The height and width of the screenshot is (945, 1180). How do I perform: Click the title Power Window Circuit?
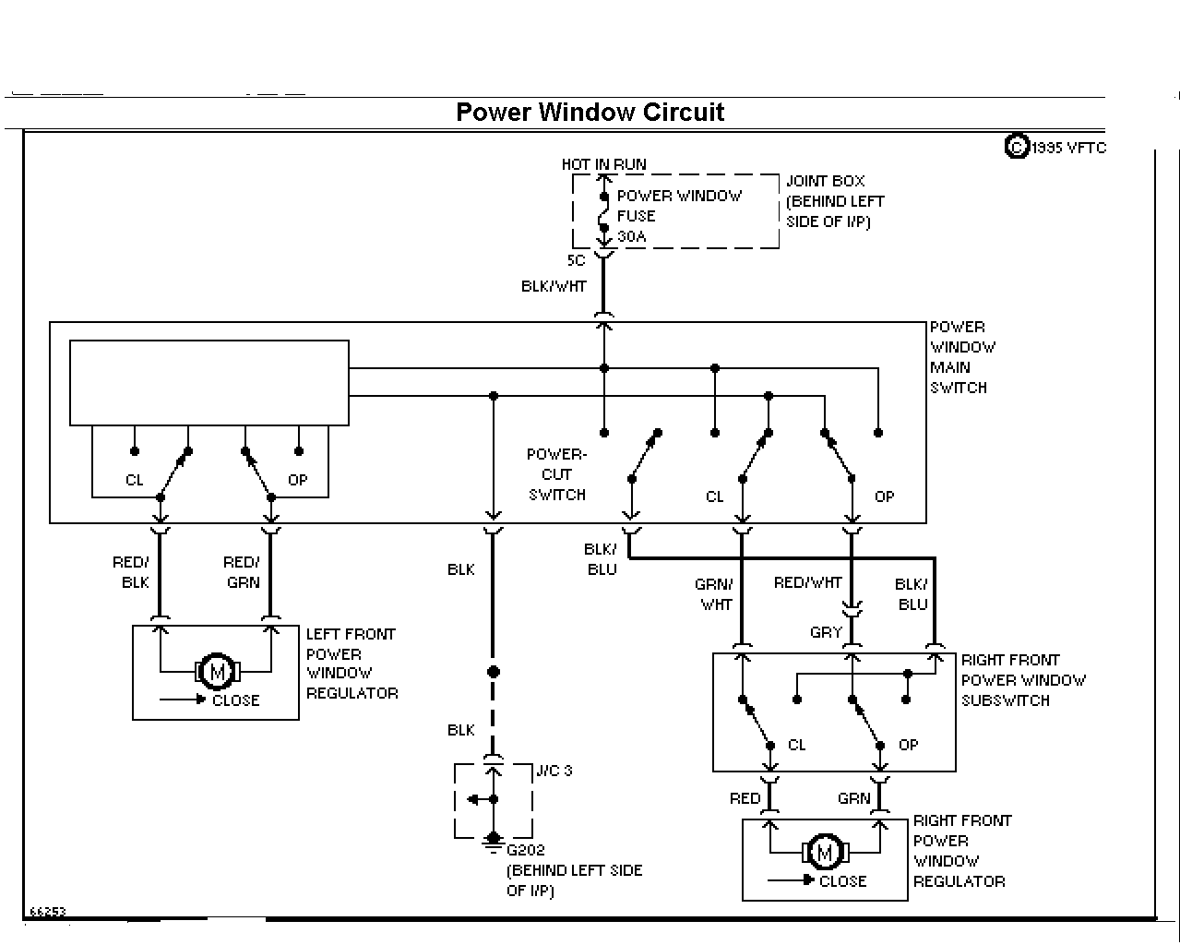coord(590,112)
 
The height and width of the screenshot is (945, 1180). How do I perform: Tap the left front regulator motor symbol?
coord(218,671)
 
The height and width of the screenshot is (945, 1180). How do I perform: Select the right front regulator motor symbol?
coord(825,852)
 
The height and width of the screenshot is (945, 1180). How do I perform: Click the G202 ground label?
coord(525,850)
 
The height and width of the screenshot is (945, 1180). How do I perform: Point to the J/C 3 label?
coord(554,771)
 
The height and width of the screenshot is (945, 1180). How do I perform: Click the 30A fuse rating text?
coord(632,236)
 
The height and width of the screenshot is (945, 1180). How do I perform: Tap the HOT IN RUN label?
coord(603,164)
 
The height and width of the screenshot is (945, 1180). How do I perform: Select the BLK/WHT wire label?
coord(554,286)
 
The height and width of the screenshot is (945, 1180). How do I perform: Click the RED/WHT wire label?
coord(807,582)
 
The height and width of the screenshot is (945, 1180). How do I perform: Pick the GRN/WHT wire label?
coord(714,594)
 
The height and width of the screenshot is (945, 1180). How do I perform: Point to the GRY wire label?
coord(826,632)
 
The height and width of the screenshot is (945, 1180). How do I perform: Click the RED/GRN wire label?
coord(242,572)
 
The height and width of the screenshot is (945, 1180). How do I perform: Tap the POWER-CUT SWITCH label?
coord(556,474)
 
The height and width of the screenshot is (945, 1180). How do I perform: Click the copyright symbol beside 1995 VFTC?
coord(1017,147)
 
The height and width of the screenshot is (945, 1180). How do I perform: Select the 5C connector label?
coord(576,260)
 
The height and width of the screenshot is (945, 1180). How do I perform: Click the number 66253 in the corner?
coord(48,911)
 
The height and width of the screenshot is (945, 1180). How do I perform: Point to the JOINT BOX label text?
coord(825,181)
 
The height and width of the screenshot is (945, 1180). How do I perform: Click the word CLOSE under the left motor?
coord(236,700)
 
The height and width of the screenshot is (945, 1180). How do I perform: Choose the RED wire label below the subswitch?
coord(745,798)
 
